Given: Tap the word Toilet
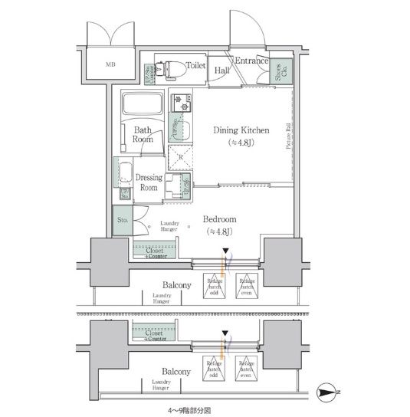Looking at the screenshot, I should (195, 67).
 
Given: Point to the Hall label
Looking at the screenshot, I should (221, 70).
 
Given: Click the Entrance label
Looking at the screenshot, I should (251, 61).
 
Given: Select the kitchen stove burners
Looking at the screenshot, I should (182, 100).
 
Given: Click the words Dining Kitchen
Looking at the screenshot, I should (243, 130).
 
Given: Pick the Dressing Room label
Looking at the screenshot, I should (149, 182).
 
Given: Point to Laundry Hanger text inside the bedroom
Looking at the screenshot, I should (169, 226).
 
